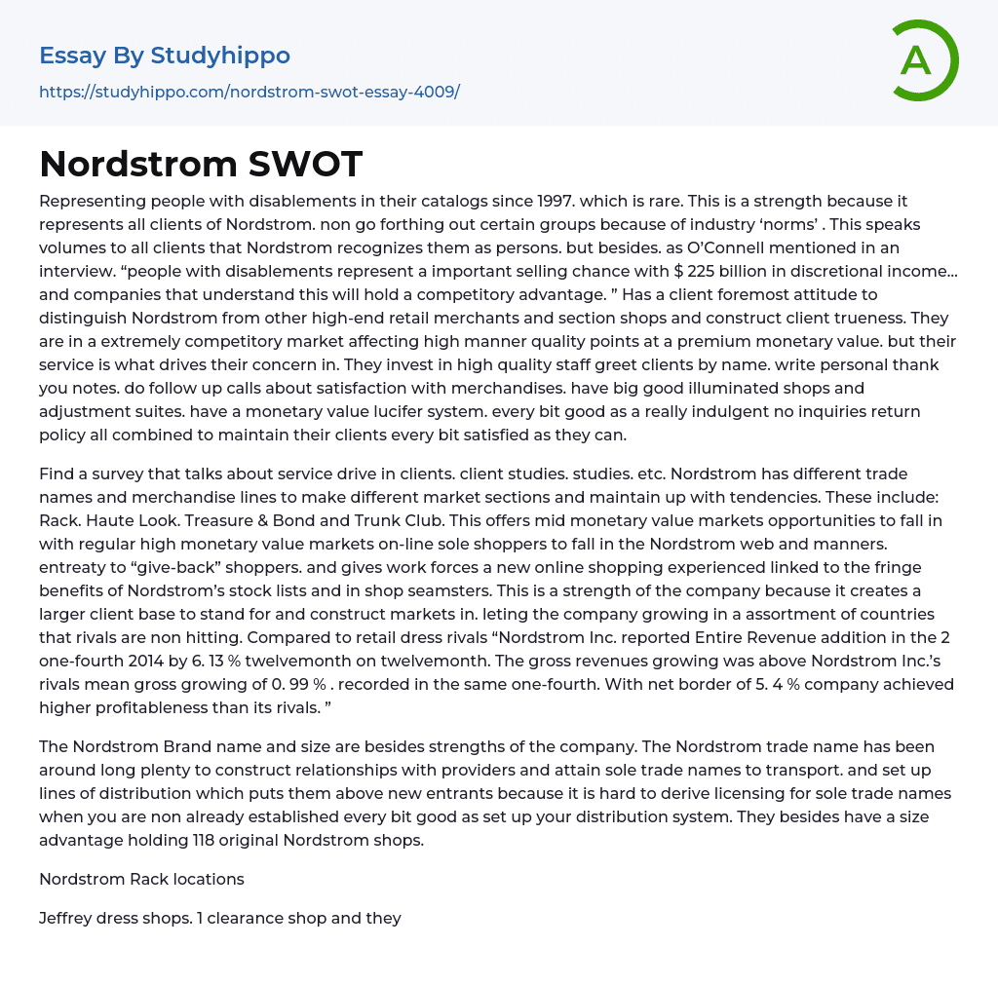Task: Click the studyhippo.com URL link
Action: (x=249, y=92)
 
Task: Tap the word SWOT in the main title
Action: (x=305, y=164)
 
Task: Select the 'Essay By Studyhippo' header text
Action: (x=165, y=56)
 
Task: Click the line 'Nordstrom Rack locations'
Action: (x=141, y=879)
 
